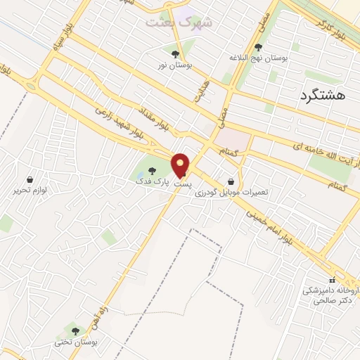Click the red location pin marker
[181, 165]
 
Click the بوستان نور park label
[173, 65]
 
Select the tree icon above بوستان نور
[175, 53]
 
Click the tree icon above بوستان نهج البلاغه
[258, 47]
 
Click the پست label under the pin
[182, 183]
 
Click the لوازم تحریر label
[29, 190]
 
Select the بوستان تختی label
[74, 342]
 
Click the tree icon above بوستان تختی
[75, 330]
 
